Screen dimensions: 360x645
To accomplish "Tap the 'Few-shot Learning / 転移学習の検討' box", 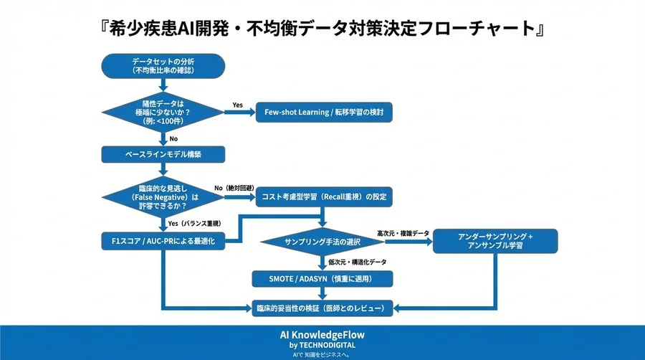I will coord(325,113).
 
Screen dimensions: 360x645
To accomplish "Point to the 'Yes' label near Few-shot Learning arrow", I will coord(237,105).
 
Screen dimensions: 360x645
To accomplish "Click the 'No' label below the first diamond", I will coord(174,138).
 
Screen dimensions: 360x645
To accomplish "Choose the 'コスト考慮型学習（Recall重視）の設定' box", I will coord(325,196).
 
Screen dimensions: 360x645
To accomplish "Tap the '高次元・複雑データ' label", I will coord(403,234).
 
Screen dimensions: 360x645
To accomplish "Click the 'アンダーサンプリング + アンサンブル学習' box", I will coord(494,242).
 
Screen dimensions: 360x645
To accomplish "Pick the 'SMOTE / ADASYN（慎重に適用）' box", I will coord(324,278).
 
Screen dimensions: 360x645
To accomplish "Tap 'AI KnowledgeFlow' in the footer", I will coord(321,334).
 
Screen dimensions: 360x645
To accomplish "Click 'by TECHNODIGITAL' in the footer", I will coord(321,344).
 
